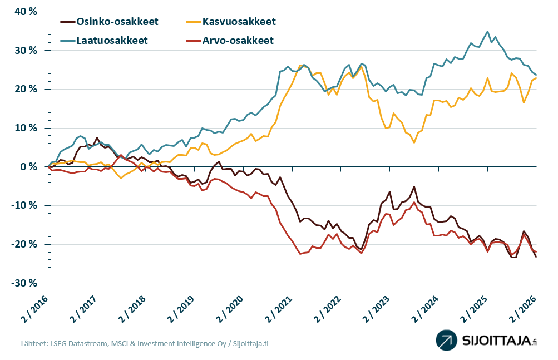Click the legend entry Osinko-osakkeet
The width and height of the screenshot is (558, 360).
pos(117,22)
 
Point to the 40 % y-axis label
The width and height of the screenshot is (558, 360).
pos(25,12)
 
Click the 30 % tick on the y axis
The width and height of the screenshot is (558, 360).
pos(25,51)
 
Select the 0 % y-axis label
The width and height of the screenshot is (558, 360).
pos(29,167)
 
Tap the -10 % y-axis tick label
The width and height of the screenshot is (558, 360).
pos(23,206)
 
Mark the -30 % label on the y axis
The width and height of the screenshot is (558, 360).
pos(23,283)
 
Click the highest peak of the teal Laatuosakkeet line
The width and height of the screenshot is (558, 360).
pos(488,31)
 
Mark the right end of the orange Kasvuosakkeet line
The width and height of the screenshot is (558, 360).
pos(536,78)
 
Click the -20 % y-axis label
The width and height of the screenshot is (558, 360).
pos(23,244)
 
